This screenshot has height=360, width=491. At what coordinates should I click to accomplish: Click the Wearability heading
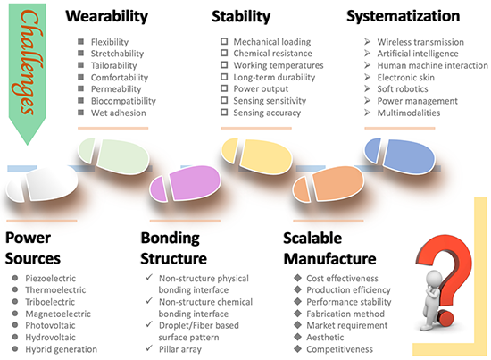point(107,16)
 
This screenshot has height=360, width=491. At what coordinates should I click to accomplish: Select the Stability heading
point(241,16)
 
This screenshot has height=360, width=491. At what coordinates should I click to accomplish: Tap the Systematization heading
point(403,16)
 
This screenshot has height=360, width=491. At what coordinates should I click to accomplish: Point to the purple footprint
point(186,183)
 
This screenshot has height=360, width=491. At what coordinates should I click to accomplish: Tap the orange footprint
point(329,184)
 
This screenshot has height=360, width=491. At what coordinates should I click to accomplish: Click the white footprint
point(42,184)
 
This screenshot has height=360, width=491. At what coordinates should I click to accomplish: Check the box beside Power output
point(224,88)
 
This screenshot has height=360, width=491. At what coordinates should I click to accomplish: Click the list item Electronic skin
point(405,78)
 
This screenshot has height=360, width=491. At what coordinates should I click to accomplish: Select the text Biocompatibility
point(123,101)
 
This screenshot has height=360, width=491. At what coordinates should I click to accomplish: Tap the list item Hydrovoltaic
point(50,338)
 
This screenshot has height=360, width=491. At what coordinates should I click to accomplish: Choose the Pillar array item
point(180,349)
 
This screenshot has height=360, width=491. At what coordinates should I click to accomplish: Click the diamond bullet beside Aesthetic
point(298,337)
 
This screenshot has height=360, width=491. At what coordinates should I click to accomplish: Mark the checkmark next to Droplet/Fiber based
point(149,324)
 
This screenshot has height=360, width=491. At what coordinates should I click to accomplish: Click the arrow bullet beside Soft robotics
point(368,88)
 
